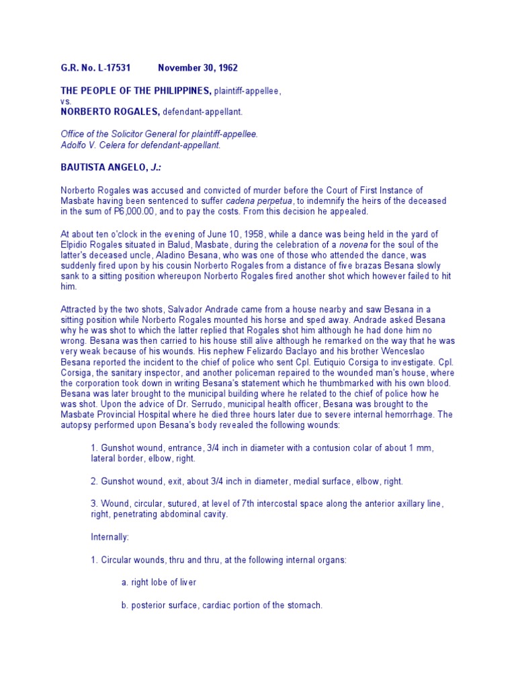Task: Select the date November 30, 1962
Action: coord(198,68)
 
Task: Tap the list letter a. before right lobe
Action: coord(125,582)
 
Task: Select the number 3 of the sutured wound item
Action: coord(93,503)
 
